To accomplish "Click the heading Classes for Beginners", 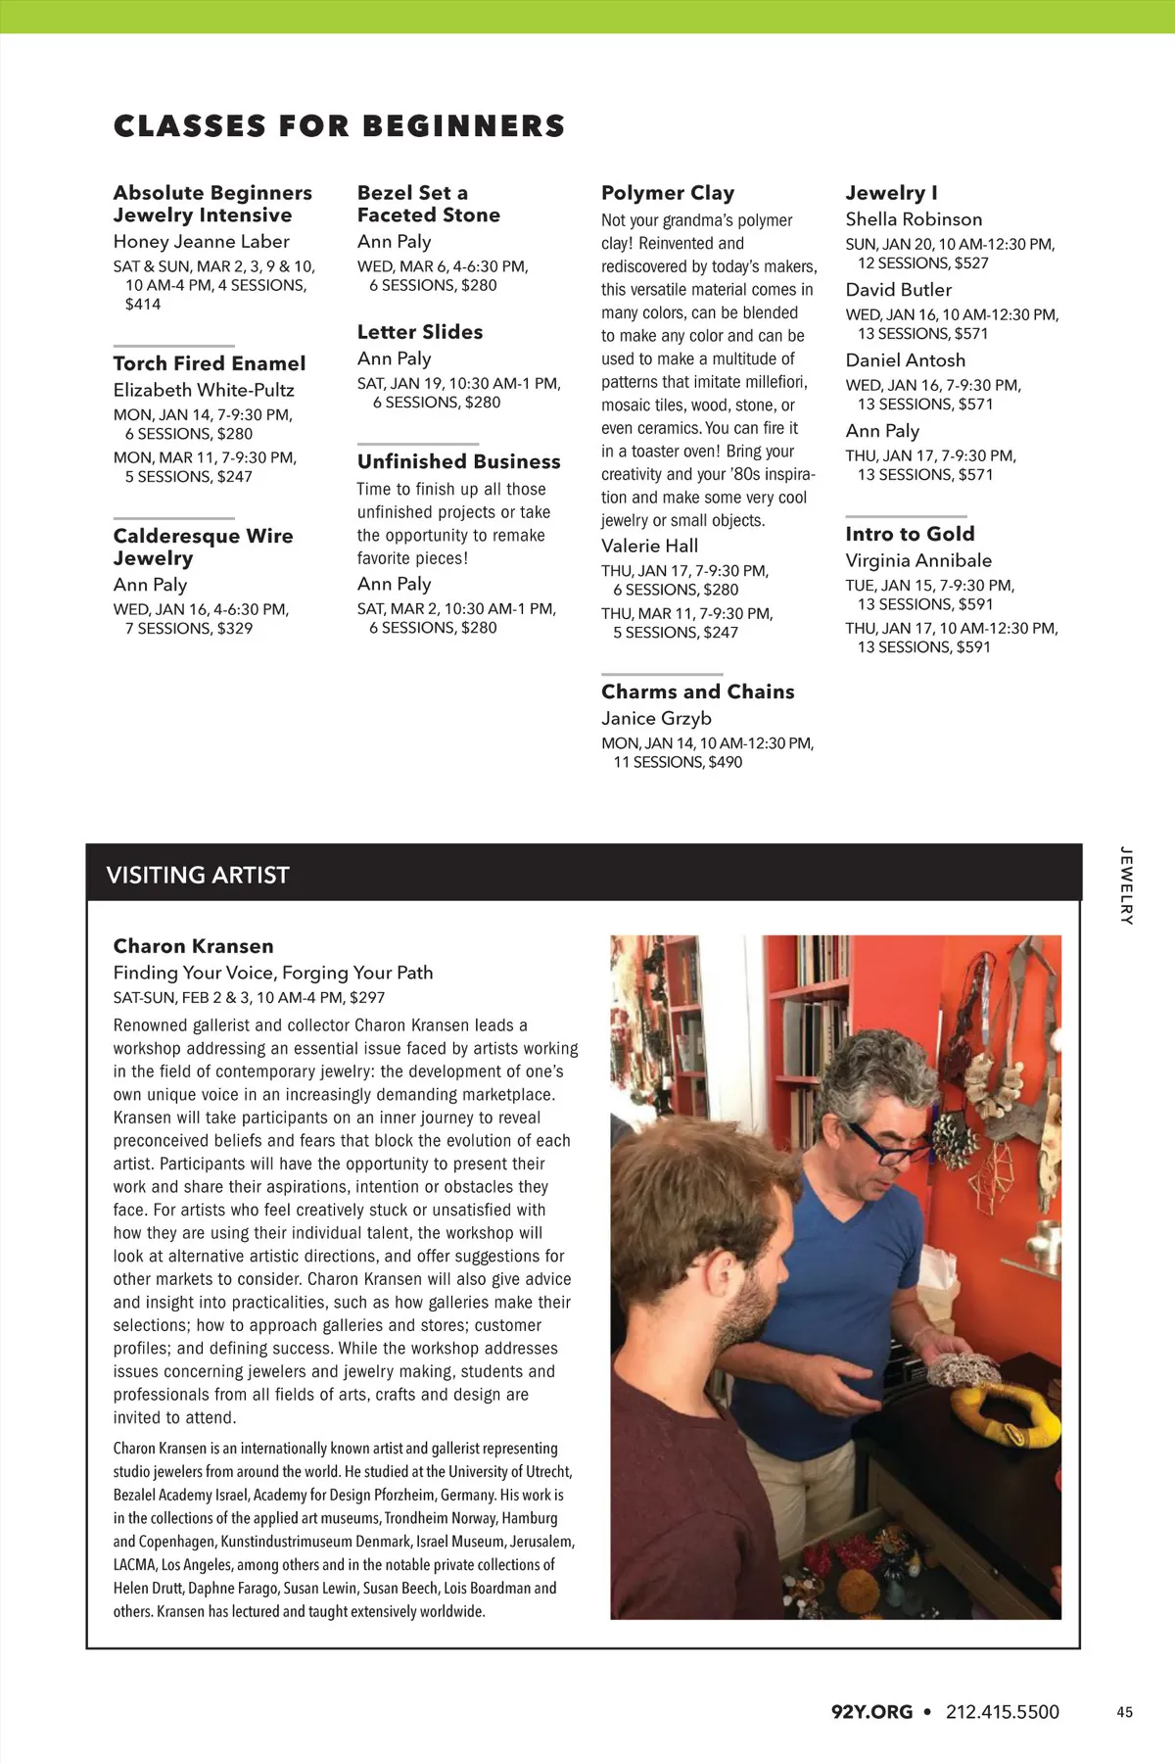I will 339,126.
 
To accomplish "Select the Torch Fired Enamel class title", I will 210,363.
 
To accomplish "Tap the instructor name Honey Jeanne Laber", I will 202,242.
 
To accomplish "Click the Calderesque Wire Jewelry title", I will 203,547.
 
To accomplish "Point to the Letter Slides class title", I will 420,332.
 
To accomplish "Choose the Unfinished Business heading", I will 458,461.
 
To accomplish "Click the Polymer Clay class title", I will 668,193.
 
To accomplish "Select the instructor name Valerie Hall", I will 650,546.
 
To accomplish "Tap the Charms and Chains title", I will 698,691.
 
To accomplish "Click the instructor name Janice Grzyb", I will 657,718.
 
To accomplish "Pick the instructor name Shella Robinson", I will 914,219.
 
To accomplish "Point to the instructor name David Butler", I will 899,290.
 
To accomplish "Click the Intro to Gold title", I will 911,534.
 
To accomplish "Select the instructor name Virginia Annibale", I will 918,560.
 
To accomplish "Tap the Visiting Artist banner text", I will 198,875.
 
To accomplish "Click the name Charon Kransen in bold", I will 194,946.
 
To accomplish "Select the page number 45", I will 1124,1712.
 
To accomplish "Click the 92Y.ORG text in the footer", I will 871,1712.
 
